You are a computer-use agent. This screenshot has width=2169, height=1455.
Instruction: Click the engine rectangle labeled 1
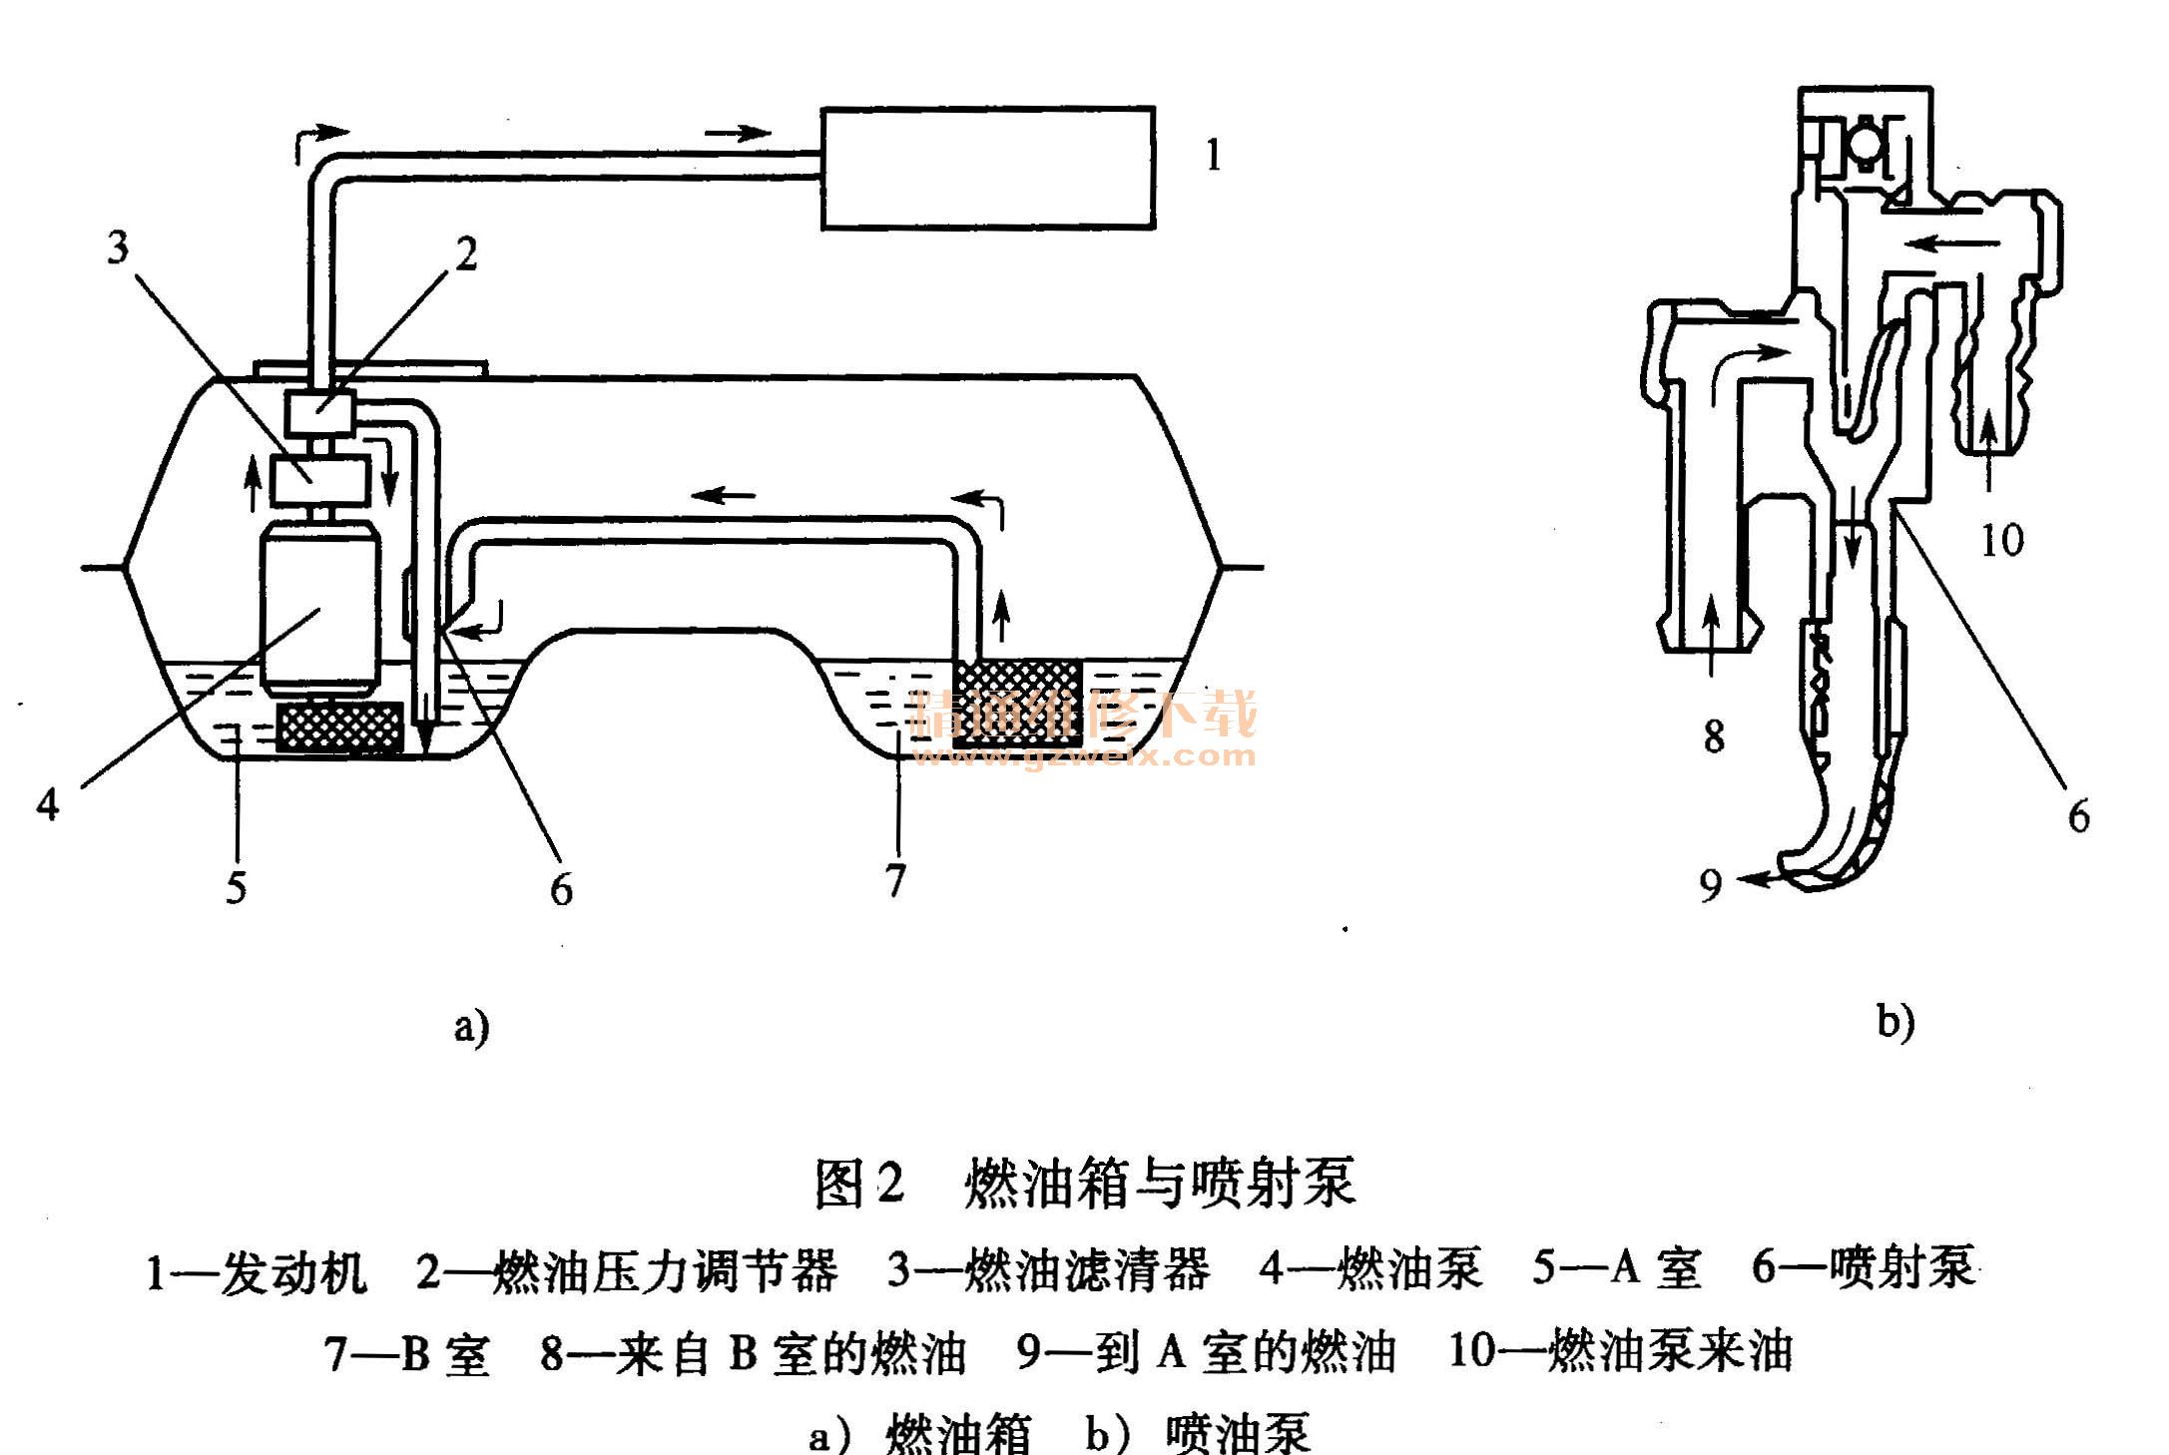988,168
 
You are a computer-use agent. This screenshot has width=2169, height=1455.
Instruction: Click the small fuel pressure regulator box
321,411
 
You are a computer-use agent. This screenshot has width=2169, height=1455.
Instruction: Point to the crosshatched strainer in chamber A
340,727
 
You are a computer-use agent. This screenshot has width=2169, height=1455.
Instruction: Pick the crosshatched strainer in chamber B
1016,703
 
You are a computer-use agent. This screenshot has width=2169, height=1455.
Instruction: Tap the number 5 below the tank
236,886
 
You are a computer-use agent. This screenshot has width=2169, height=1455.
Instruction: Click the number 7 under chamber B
895,880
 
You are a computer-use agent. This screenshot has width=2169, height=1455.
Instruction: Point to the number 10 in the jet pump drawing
2001,541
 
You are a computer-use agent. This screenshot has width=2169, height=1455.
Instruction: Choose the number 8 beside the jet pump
1714,736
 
